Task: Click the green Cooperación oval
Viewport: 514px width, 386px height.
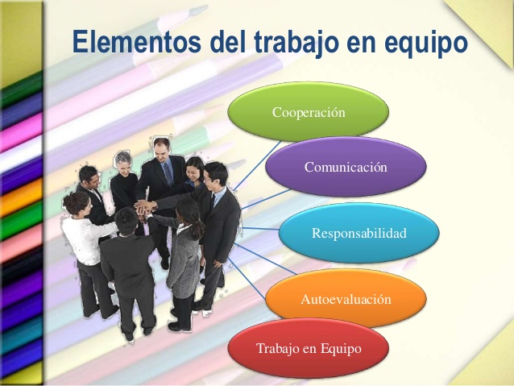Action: [x=309, y=112]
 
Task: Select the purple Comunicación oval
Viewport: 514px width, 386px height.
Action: [x=345, y=167]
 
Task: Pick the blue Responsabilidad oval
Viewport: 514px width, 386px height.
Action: [x=359, y=234]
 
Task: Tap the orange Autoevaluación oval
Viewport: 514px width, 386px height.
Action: [x=346, y=299]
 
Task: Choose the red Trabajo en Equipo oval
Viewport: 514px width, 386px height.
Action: [x=309, y=348]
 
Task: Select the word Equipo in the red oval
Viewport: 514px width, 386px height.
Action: [x=338, y=348]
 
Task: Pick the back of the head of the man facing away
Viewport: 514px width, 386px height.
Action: [x=126, y=219]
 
